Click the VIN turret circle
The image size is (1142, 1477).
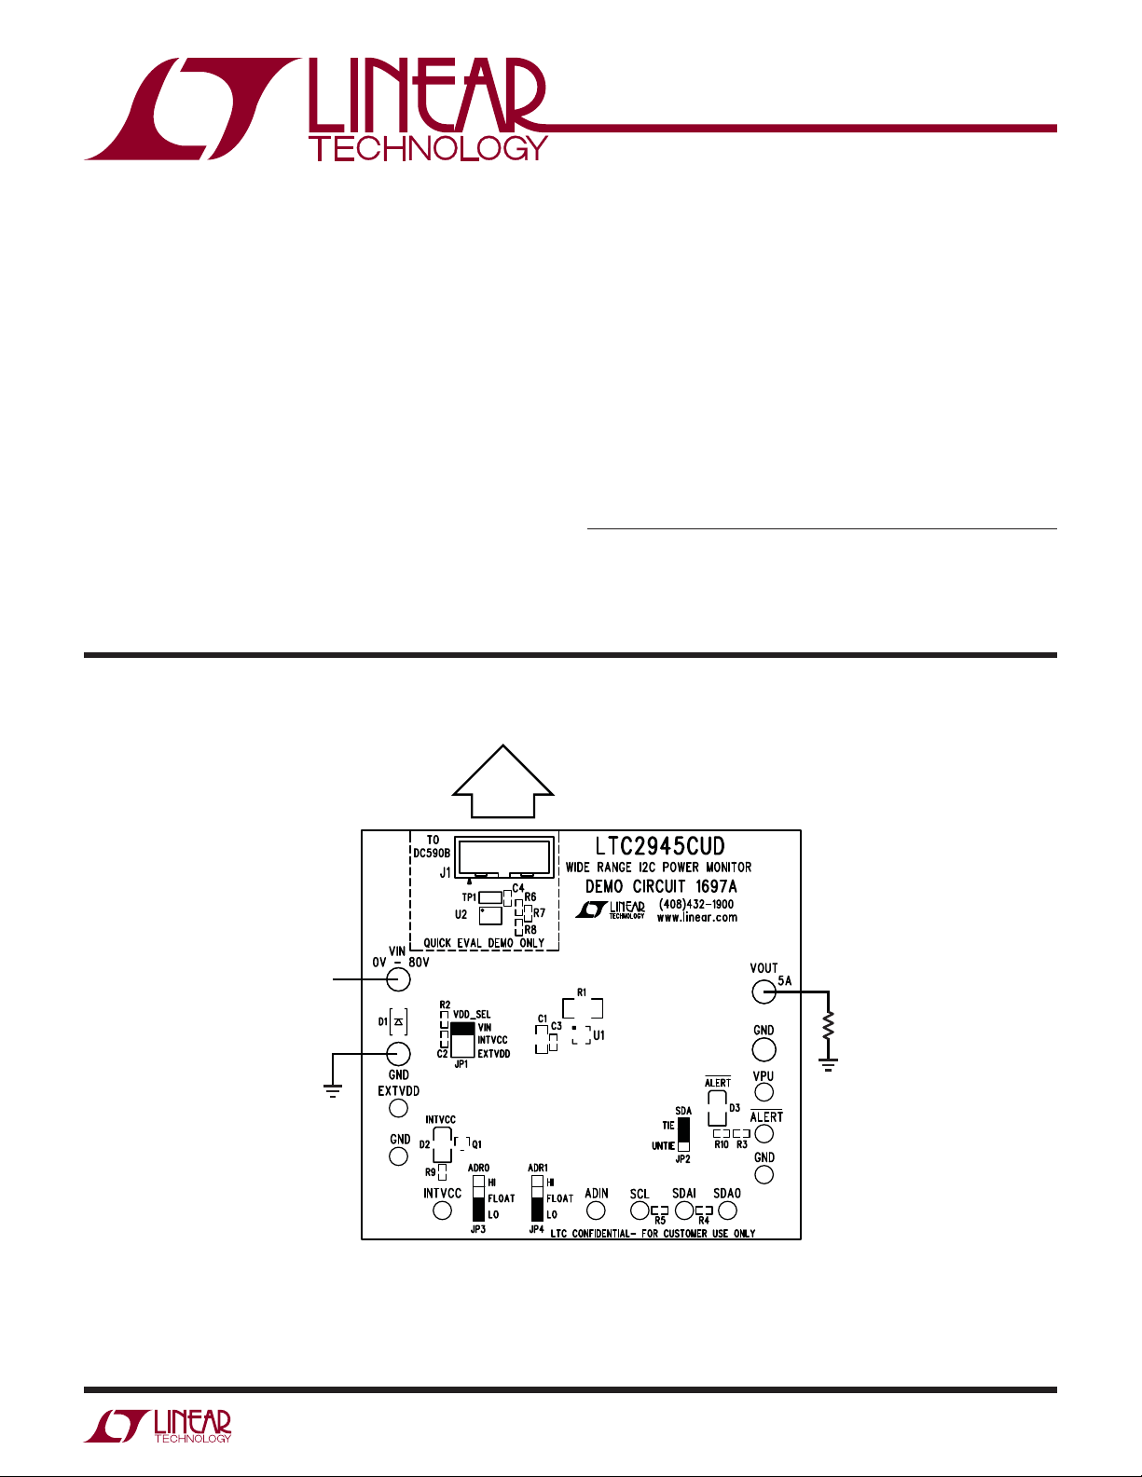[x=398, y=979]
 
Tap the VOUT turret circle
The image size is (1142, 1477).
[x=764, y=992]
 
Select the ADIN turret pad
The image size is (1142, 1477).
[x=596, y=1210]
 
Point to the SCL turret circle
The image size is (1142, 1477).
[x=640, y=1210]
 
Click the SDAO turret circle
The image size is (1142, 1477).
[x=727, y=1210]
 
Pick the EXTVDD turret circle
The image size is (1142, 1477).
[x=398, y=1108]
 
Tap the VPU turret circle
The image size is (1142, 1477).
[x=764, y=1092]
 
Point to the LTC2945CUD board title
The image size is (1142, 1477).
[x=659, y=846]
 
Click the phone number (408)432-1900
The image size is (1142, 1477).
[x=695, y=904]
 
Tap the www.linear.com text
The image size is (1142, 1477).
[x=696, y=918]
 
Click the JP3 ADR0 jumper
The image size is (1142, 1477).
[x=478, y=1197]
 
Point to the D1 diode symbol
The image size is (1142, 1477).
[x=398, y=1022]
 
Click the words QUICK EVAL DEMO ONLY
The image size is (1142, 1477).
[x=484, y=943]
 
